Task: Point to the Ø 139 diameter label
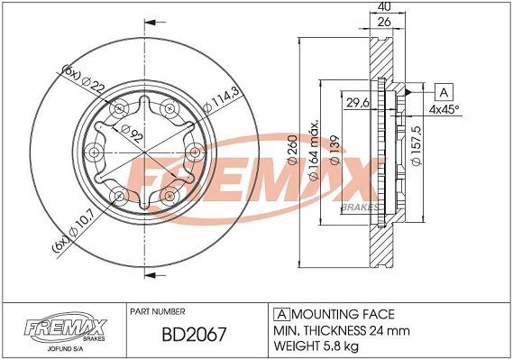[x=334, y=150]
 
